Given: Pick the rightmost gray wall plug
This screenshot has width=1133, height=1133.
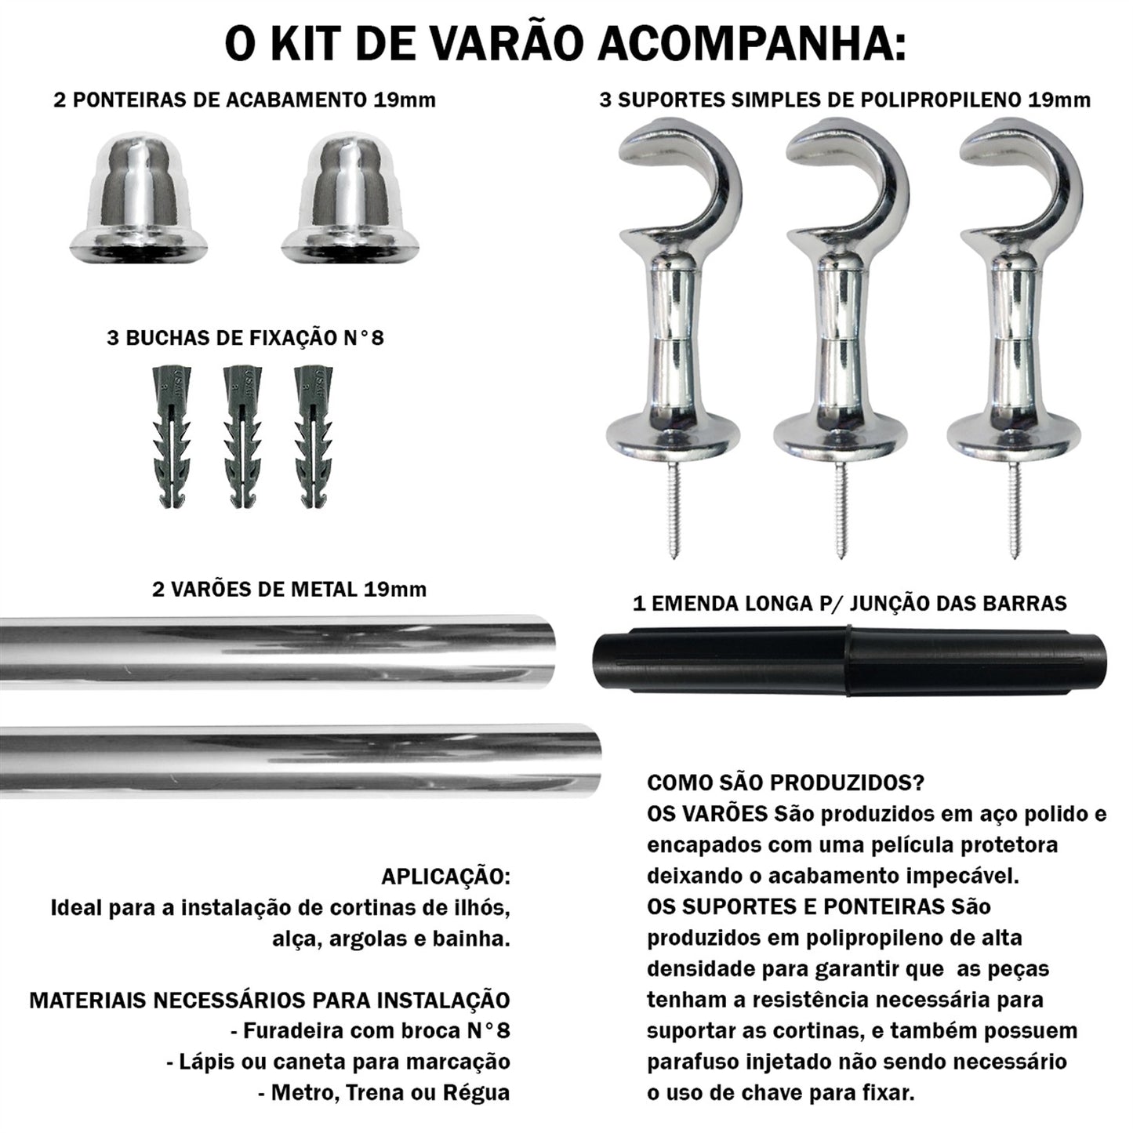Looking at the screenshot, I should tap(311, 439).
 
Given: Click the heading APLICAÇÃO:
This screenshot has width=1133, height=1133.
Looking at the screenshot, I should tap(445, 877).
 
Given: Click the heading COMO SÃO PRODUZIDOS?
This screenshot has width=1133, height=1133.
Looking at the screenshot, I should tap(785, 783).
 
